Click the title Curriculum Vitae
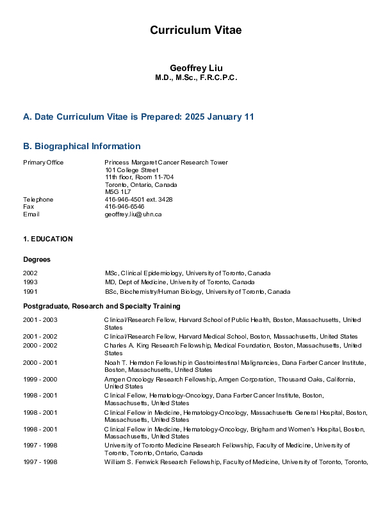[196, 30]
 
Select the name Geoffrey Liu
[196, 68]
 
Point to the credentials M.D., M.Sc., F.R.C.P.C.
[196, 77]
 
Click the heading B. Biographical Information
[82, 146]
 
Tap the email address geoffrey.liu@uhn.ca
[133, 214]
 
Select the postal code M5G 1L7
[118, 191]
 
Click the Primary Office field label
[43, 163]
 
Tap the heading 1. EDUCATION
[48, 239]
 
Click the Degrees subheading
[37, 259]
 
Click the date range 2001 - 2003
[40, 319]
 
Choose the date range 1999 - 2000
[40, 379]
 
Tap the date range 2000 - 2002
[40, 346]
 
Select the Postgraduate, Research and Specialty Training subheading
[102, 307]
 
